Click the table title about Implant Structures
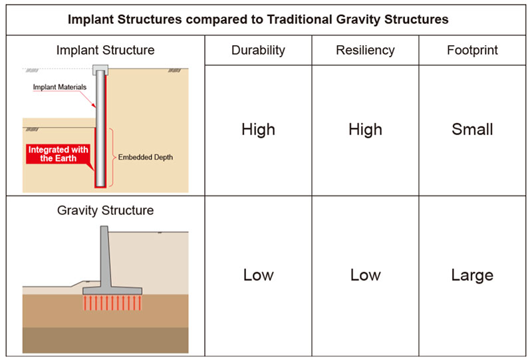coord(258,19)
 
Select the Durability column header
coord(258,50)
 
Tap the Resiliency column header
coord(365,50)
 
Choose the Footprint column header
coord(472,50)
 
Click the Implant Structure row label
coord(105,50)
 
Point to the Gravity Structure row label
coord(105,211)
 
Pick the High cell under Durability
coord(258,130)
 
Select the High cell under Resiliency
coord(365,130)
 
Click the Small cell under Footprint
coord(472,130)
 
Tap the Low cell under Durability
coord(258,275)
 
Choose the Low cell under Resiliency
coord(365,275)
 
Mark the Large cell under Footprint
coord(472,275)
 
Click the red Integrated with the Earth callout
coord(59,154)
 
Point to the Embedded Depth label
coord(145,158)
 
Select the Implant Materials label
coord(59,88)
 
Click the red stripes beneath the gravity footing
coord(112,303)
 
